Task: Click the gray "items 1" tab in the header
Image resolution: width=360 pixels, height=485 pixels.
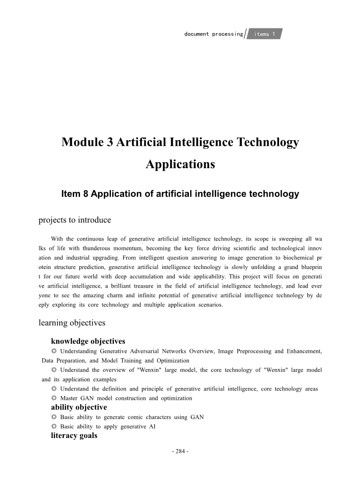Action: pyautogui.click(x=265, y=34)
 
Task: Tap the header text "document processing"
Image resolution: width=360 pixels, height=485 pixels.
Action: pyautogui.click(x=213, y=34)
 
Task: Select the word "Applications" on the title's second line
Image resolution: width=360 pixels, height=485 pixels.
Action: pyautogui.click(x=180, y=164)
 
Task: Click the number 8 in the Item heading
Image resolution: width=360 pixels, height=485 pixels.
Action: pyautogui.click(x=85, y=194)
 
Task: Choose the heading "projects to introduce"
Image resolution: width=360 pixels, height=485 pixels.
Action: pyautogui.click(x=75, y=220)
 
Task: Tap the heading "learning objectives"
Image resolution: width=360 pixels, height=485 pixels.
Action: pyautogui.click(x=72, y=323)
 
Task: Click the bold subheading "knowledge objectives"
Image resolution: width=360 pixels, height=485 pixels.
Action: pyautogui.click(x=88, y=341)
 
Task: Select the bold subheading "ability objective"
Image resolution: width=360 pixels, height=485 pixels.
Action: pyautogui.click(x=79, y=407)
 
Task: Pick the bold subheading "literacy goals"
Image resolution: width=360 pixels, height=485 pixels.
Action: pyautogui.click(x=74, y=435)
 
